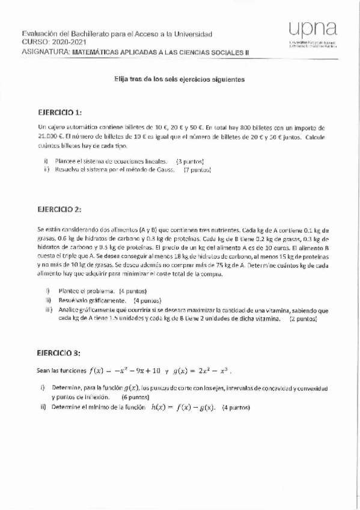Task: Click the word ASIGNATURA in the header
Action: point(46,52)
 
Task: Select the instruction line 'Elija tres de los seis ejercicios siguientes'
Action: point(180,79)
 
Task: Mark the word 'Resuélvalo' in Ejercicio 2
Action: point(75,300)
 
